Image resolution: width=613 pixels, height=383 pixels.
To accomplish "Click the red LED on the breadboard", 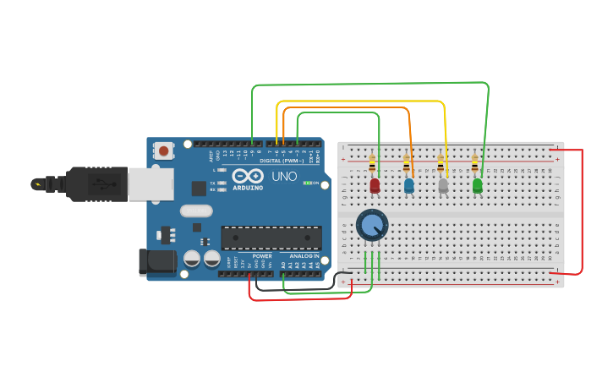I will (375, 184).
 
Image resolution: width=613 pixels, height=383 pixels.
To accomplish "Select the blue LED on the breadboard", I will (409, 184).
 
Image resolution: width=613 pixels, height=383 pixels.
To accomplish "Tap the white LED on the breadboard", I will (443, 184).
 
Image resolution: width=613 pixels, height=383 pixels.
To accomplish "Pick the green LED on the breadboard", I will (478, 184).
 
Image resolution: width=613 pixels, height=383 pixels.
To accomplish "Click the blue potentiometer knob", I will (372, 225).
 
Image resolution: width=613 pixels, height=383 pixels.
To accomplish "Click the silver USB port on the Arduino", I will (151, 183).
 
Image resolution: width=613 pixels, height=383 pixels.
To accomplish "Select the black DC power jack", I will (157, 263).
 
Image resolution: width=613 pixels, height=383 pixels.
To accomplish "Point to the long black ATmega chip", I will (271, 238).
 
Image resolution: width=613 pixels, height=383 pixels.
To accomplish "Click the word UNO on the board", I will (284, 177).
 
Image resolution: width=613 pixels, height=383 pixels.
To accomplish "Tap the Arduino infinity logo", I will (248, 176).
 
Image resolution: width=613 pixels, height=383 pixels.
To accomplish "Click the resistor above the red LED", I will (372, 164).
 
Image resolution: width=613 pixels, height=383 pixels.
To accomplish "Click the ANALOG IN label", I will (304, 255).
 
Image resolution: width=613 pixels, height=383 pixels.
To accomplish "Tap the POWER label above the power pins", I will (262, 255).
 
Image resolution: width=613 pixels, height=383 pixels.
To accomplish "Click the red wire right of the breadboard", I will (582, 211).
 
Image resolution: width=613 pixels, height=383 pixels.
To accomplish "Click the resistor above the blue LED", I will (406, 164).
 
